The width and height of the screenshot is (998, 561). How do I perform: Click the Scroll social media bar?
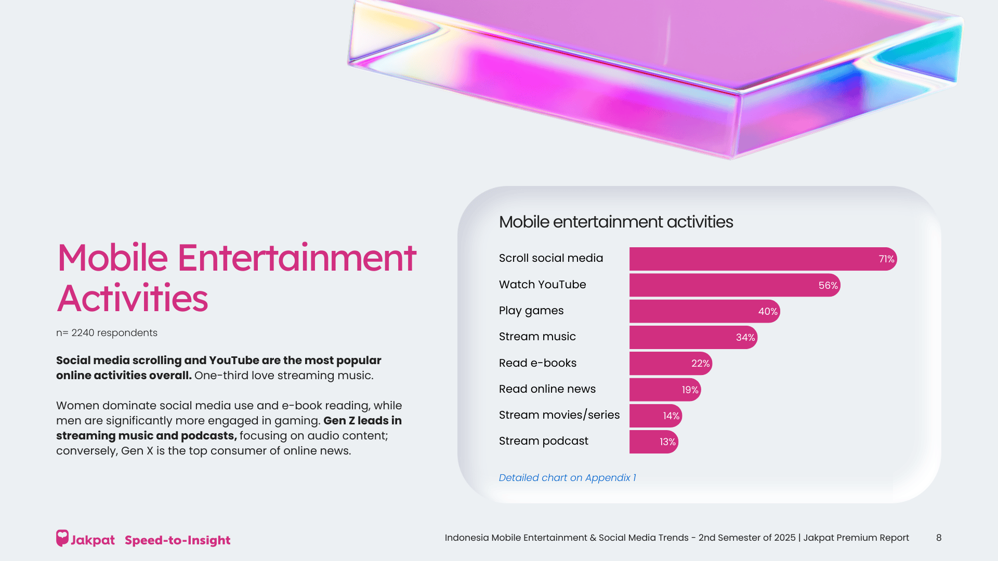click(763, 259)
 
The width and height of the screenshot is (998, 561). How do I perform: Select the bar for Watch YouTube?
click(734, 285)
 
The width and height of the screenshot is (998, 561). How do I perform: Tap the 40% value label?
click(768, 311)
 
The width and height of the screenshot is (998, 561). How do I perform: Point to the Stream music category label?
click(537, 337)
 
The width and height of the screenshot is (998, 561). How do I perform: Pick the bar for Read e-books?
click(671, 364)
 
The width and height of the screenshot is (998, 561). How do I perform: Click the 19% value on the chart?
click(690, 390)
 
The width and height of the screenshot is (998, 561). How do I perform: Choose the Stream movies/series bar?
click(655, 416)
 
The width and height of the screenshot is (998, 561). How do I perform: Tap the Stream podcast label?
click(543, 441)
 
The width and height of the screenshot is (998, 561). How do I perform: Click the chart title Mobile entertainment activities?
click(615, 222)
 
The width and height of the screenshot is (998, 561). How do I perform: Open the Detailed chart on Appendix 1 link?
click(567, 477)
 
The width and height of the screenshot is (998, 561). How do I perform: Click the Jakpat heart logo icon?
click(62, 538)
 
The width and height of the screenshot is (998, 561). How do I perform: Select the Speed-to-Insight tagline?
click(177, 540)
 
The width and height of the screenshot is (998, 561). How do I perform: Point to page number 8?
click(938, 538)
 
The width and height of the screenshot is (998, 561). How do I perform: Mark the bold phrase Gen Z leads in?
click(362, 420)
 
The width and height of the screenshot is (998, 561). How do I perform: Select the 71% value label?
click(886, 259)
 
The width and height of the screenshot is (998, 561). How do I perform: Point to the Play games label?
click(531, 311)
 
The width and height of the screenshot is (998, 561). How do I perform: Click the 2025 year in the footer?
click(784, 538)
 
